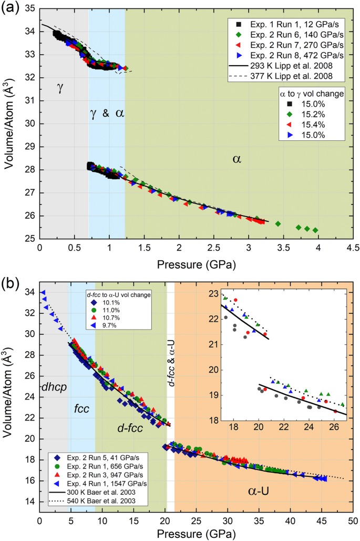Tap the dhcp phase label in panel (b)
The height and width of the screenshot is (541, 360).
pyautogui.click(x=51, y=387)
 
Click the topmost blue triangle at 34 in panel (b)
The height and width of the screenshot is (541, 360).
pyautogui.click(x=43, y=292)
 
